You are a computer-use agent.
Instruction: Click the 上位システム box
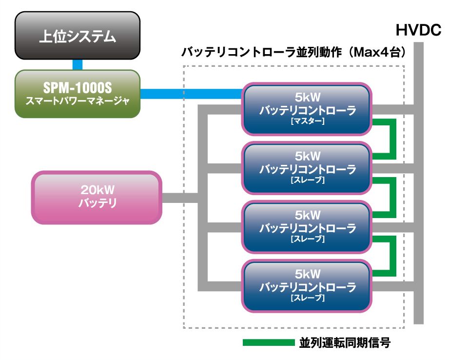(78, 36)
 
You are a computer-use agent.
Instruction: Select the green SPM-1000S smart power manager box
(78, 94)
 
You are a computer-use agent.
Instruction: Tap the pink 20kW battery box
(97, 198)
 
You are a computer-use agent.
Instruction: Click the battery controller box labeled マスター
(307, 109)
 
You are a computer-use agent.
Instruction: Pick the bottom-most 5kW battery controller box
(307, 286)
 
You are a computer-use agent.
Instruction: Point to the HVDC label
(418, 30)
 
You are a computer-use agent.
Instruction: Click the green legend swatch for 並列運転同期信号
(269, 342)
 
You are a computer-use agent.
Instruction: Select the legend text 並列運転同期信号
(345, 342)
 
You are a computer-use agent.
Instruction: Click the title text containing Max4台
(293, 52)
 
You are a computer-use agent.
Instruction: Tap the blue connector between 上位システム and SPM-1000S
(78, 65)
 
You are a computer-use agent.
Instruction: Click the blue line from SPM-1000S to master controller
(191, 94)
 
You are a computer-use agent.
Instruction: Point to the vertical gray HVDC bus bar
(419, 183)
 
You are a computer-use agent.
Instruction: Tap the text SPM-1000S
(78, 88)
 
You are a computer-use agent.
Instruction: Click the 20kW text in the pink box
(98, 190)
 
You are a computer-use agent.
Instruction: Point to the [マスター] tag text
(308, 121)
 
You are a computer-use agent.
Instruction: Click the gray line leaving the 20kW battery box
(180, 198)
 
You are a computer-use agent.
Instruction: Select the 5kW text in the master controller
(308, 98)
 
